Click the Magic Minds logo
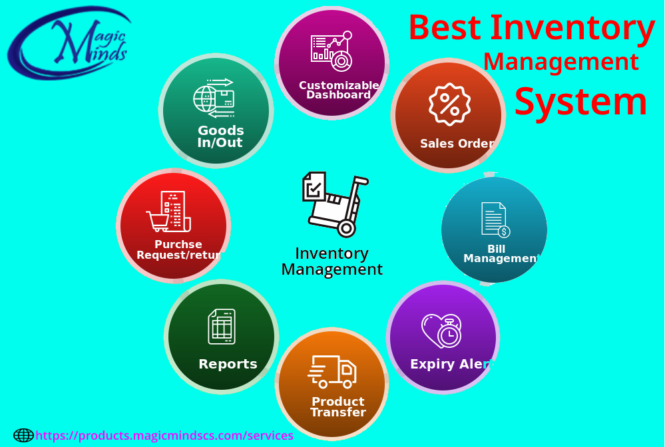click(69, 44)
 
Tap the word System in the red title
click(580, 102)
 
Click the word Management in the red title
click(560, 62)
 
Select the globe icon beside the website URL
click(23, 436)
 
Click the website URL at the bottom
click(164, 436)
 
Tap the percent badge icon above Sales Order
click(449, 104)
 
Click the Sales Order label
click(457, 144)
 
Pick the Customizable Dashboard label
click(339, 90)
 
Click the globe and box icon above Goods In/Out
click(214, 98)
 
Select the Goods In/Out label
click(220, 136)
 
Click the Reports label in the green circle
click(228, 364)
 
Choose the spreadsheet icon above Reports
click(222, 326)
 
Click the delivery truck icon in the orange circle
click(332, 372)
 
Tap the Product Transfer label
click(338, 406)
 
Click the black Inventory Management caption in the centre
click(332, 261)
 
